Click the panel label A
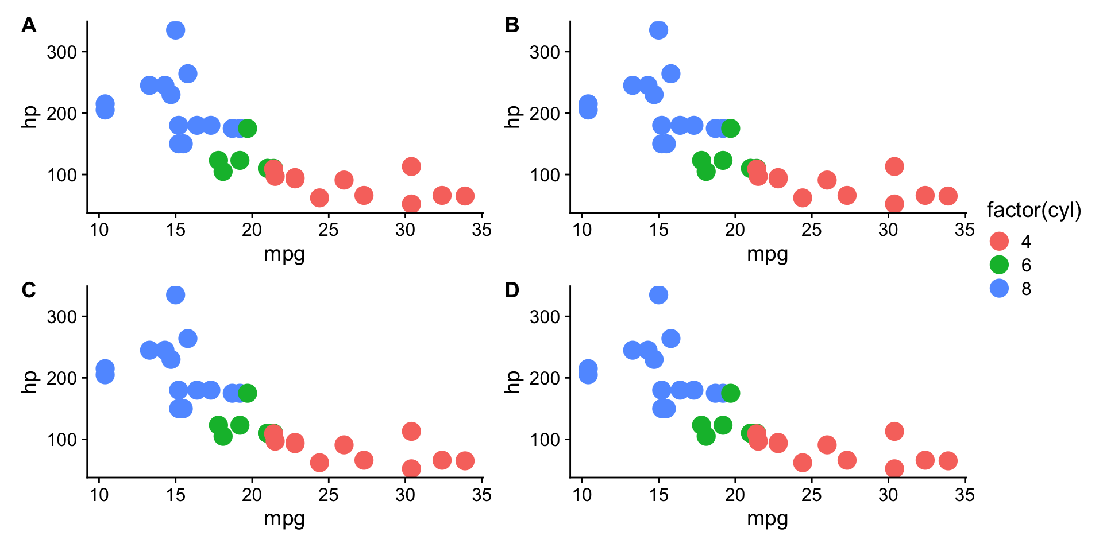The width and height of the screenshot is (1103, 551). click(29, 25)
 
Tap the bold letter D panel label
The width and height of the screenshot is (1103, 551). click(511, 290)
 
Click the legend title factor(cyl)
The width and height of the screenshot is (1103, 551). click(1033, 211)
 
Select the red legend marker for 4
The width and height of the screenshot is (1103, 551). click(1000, 241)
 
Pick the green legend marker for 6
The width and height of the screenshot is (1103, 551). click(1000, 265)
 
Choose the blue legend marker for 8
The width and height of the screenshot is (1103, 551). click(1000, 288)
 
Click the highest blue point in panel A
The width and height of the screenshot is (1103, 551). click(175, 30)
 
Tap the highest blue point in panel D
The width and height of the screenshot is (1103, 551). click(658, 295)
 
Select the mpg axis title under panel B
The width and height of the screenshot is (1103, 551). click(767, 254)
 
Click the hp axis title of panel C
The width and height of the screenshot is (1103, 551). click(29, 381)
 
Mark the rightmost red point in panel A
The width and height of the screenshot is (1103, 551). click(465, 196)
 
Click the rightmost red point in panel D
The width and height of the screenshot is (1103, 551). click(948, 460)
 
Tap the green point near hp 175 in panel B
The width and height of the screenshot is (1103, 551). click(730, 129)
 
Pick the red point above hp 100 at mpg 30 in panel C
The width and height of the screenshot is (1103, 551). click(411, 431)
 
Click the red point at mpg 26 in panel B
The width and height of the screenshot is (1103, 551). click(827, 180)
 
